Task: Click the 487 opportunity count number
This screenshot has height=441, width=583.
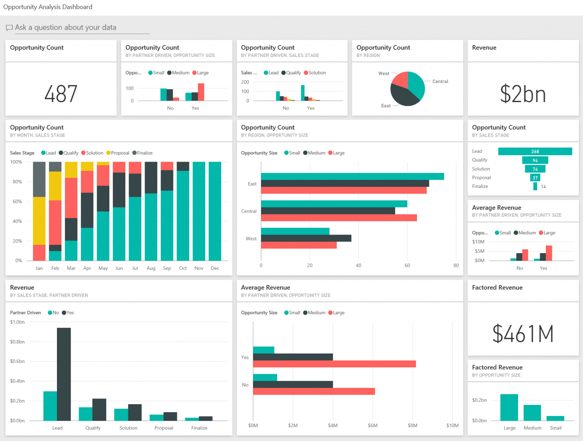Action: [x=61, y=94]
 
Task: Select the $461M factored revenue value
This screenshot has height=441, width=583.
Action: [x=523, y=334]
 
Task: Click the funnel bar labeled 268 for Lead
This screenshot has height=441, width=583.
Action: [x=535, y=151]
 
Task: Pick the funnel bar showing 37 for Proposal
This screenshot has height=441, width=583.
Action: [x=535, y=178]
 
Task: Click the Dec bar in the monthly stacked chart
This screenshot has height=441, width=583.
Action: [x=215, y=211]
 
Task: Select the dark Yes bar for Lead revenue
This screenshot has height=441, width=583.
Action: [x=64, y=374]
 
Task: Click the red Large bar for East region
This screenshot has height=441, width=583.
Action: [x=343, y=191]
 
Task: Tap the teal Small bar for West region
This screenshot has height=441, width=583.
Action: [x=295, y=231]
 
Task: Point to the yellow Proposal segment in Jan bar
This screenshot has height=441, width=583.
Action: [x=39, y=220]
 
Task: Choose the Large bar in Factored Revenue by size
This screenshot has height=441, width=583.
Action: [x=509, y=407]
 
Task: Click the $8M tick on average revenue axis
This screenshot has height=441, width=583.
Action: [x=413, y=425]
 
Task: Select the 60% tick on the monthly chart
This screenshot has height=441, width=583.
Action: [x=17, y=202]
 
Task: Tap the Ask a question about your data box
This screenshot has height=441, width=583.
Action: [x=65, y=27]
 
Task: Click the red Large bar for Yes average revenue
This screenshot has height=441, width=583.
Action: [x=334, y=364]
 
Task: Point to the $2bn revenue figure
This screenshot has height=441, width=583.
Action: [x=523, y=94]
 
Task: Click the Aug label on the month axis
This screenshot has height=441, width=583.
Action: [x=151, y=268]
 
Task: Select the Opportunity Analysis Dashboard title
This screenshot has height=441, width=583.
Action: [x=48, y=7]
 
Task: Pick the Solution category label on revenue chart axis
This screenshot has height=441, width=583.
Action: [x=128, y=428]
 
